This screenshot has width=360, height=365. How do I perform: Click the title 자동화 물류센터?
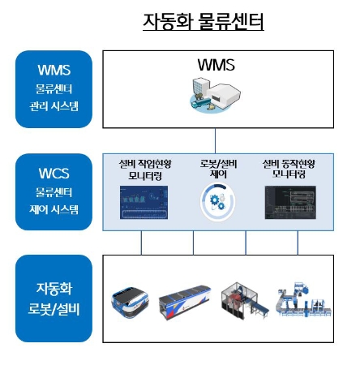203,21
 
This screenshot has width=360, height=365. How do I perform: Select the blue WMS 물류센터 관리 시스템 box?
54,88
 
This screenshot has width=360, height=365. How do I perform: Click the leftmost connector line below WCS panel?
142,242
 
